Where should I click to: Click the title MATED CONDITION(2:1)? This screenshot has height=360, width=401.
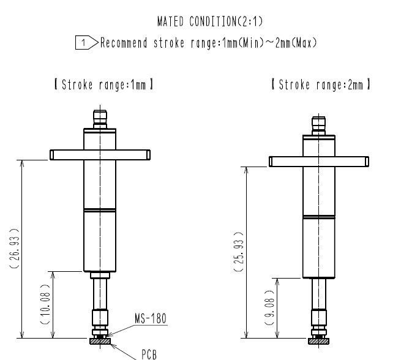pos(210,21)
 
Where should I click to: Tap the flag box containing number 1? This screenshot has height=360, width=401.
pos(87,43)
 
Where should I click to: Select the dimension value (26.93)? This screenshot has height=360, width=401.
pos(14,249)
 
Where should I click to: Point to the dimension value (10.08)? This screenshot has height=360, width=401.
pos(45,304)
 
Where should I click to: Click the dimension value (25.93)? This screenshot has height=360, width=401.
pos(239,252)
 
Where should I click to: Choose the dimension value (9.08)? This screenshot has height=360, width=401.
pos(269,307)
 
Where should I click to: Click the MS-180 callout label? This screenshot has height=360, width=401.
pos(151,318)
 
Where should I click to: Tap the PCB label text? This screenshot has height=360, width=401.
pos(149,354)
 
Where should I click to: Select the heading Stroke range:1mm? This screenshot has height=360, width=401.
pos(104,84)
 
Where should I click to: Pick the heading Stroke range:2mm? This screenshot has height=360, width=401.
pos(321,84)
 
